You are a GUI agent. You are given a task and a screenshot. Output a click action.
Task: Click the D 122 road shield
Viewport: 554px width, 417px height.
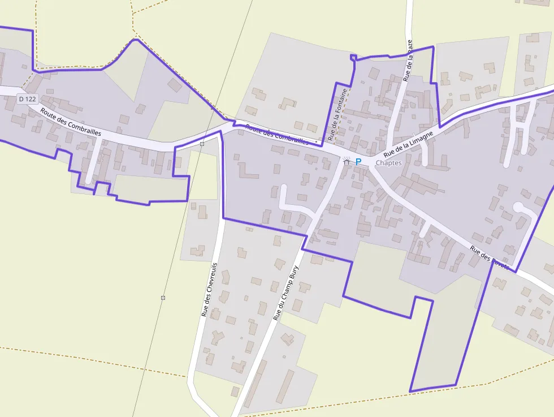27,99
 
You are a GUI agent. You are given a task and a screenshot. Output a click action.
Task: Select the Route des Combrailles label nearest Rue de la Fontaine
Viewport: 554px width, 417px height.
278,136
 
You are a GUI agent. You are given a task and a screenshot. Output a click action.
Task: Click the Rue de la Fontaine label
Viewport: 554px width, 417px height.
337,114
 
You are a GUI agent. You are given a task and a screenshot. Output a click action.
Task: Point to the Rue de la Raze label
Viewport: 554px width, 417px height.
409,61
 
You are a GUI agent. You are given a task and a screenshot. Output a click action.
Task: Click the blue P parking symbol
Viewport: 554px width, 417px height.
358,162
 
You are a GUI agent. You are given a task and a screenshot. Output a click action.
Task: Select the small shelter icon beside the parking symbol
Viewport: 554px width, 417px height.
347,161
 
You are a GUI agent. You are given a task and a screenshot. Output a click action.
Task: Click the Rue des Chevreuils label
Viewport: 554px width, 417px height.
209,289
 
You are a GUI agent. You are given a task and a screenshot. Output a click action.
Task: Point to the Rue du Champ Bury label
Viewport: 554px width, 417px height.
285,294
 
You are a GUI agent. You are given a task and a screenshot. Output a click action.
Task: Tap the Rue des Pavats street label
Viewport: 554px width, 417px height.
490,257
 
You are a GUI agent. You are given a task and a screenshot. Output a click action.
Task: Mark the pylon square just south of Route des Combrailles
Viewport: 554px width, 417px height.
202,144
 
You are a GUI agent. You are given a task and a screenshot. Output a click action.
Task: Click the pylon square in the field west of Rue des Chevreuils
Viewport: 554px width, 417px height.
163,298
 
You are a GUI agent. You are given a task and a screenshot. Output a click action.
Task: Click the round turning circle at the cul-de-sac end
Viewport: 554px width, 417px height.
518,208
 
